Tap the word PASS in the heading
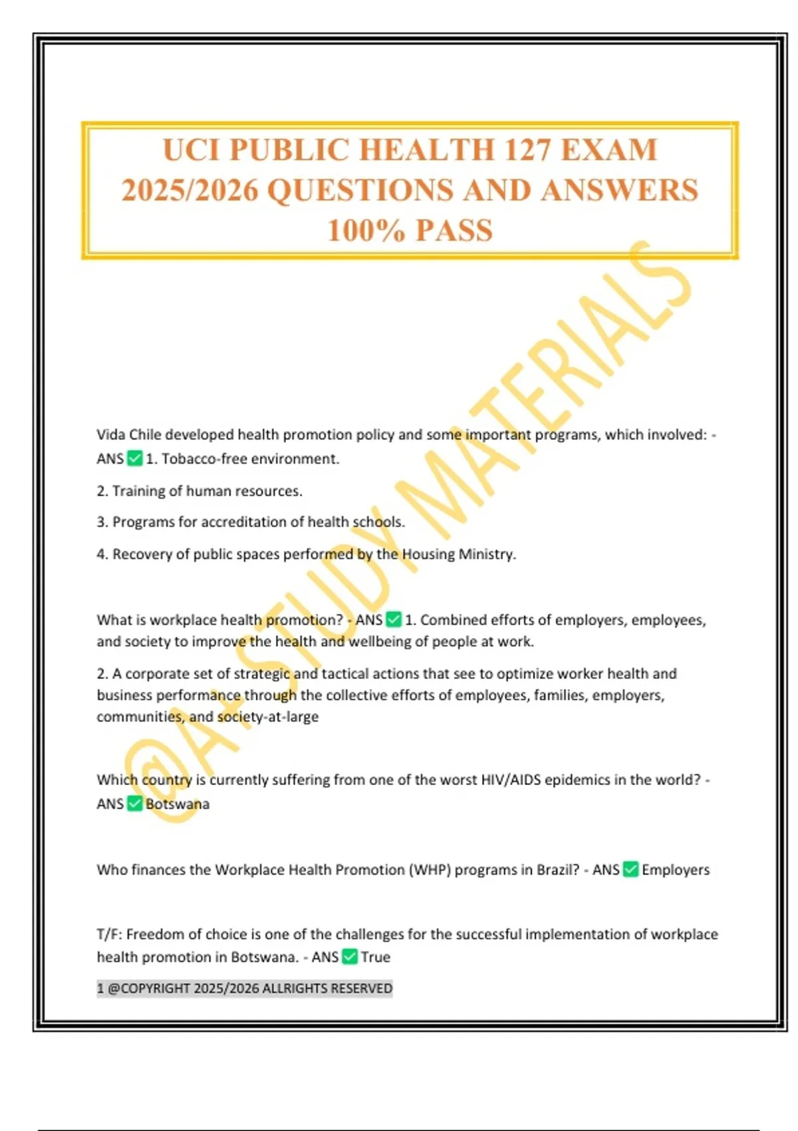454,231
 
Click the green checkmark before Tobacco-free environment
134,458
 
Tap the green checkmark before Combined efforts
394,619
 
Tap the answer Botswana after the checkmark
177,804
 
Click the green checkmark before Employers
630,869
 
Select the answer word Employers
676,870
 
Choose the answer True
376,957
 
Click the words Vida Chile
128,434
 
